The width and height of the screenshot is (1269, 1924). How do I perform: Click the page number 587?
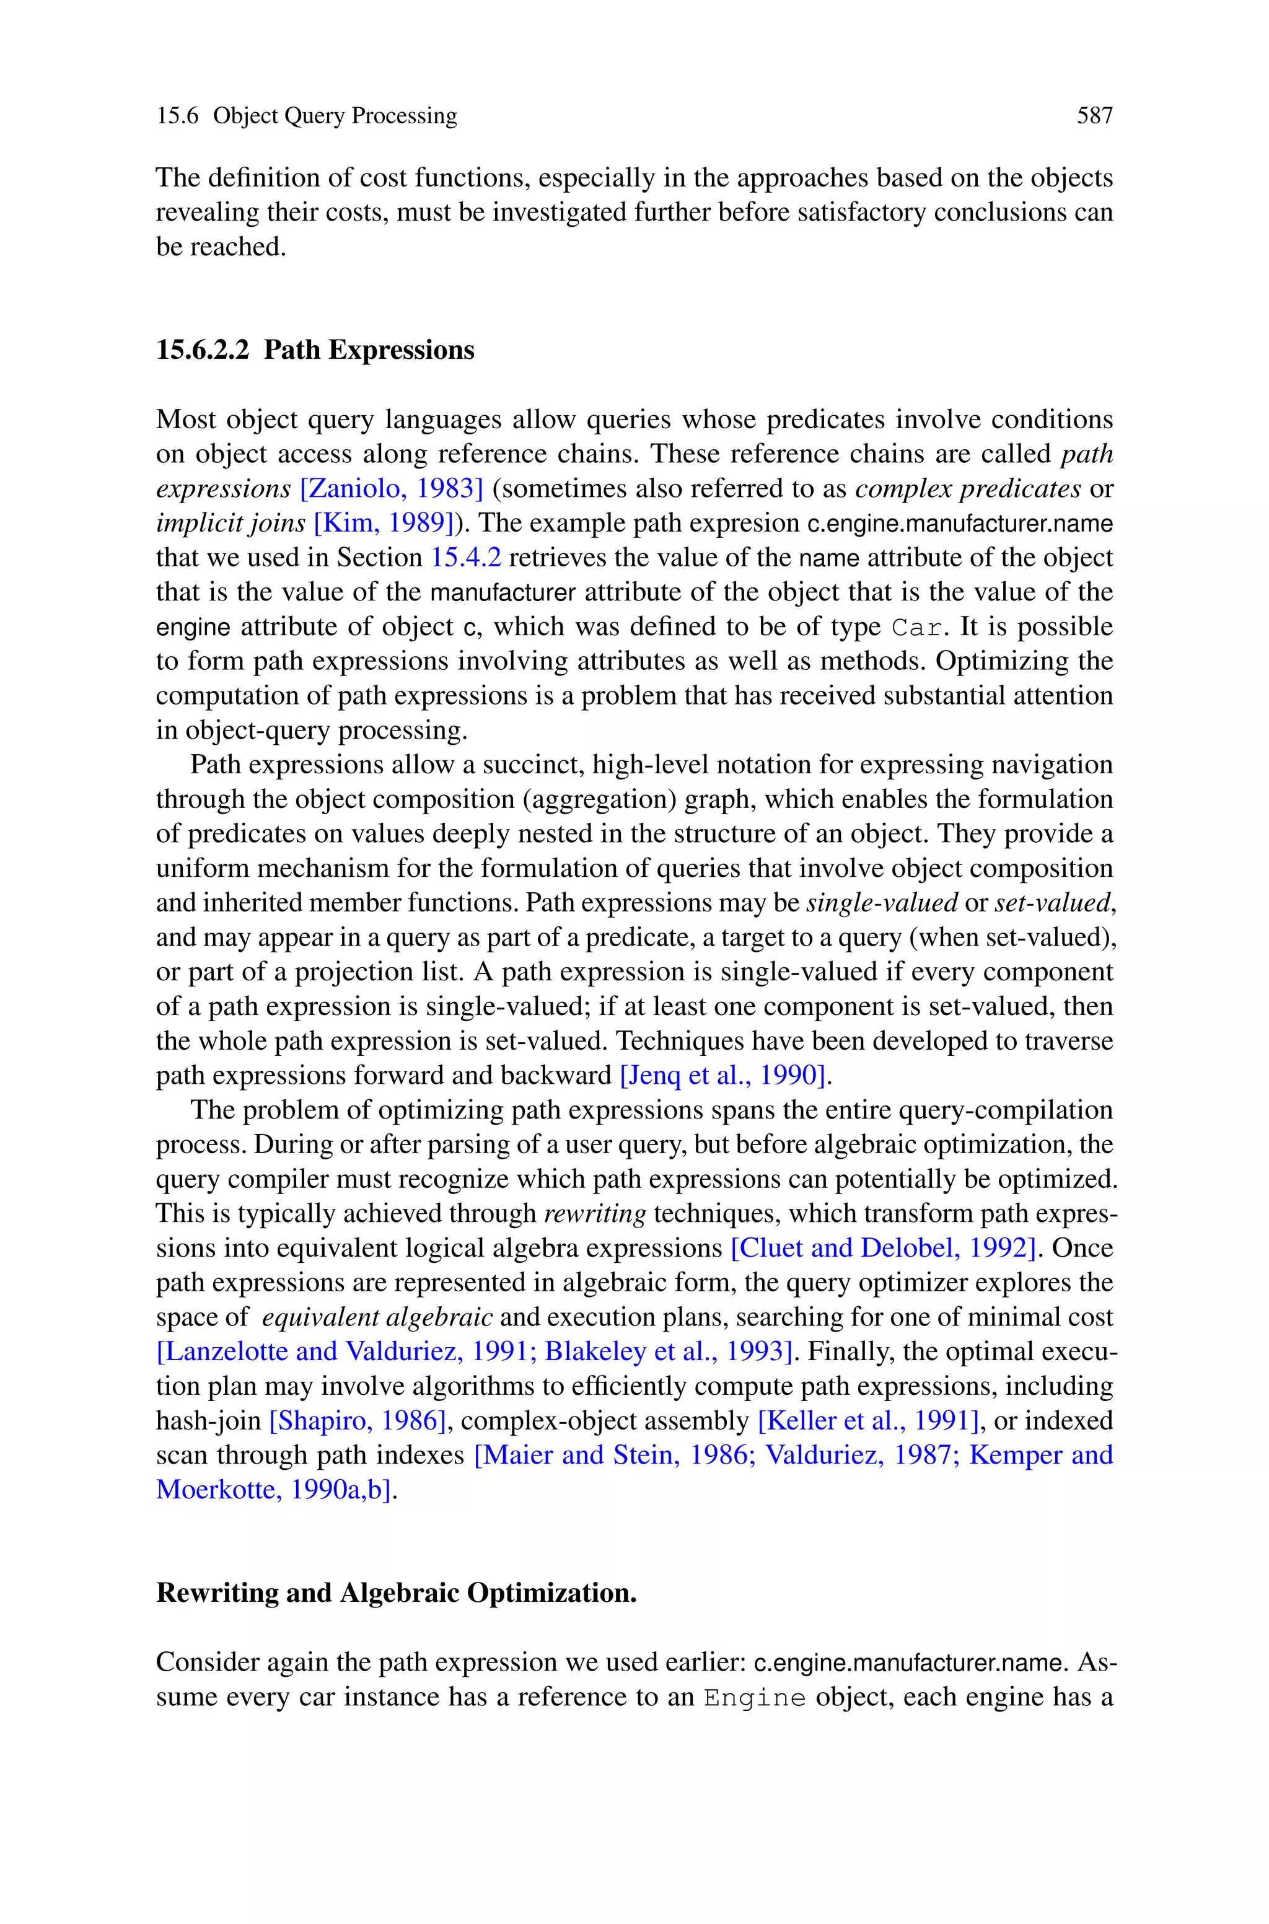(1094, 116)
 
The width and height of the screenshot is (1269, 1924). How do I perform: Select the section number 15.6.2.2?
(203, 350)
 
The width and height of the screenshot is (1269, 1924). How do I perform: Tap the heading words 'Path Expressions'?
(369, 350)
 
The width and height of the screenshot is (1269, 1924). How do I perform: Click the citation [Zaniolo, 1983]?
(391, 489)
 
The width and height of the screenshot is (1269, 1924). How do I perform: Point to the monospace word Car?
(918, 628)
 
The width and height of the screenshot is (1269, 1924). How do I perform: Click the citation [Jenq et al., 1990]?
(724, 1076)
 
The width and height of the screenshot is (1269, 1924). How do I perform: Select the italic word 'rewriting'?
(595, 1214)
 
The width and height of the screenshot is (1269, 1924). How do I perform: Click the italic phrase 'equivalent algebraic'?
(377, 1318)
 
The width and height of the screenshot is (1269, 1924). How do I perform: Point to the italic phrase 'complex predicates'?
(967, 489)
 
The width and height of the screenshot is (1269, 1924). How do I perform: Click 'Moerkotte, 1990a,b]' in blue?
(275, 1490)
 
